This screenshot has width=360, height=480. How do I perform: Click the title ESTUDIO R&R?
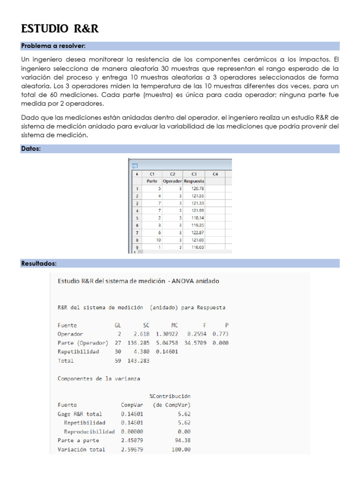click(x=60, y=29)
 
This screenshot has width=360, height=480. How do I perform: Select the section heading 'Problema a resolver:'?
click(x=53, y=46)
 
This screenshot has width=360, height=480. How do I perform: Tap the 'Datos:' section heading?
click(x=31, y=149)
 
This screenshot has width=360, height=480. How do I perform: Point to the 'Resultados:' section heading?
click(x=39, y=263)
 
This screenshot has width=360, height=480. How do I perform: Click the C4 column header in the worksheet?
click(x=215, y=174)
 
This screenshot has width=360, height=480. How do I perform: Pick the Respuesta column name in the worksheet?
click(x=194, y=181)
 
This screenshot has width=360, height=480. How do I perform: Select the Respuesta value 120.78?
click(x=197, y=188)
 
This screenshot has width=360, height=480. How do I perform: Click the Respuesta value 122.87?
click(x=197, y=232)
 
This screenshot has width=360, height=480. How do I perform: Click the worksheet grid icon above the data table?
click(x=135, y=165)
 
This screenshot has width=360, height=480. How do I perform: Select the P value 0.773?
click(x=220, y=334)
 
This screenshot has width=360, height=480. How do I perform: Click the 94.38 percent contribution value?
click(x=181, y=441)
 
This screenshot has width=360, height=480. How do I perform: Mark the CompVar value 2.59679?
click(x=132, y=450)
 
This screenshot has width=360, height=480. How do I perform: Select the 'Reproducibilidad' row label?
click(x=89, y=432)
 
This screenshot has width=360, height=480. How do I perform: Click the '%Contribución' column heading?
click(x=170, y=396)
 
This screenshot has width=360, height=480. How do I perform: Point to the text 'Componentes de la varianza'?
click(x=98, y=378)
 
